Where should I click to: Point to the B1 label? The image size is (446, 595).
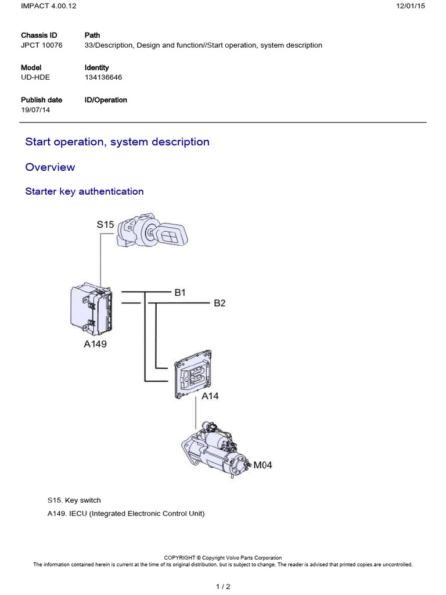coord(180,293)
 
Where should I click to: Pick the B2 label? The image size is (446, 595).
coord(220,303)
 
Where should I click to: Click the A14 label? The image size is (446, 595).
coord(210,397)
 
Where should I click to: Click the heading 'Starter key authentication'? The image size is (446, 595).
coord(84,191)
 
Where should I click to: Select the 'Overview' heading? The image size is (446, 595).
coord(50,167)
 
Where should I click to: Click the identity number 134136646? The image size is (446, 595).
coord(103,77)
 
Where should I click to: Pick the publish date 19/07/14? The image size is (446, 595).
coord(35,110)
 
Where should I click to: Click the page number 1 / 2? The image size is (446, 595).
coord(223,586)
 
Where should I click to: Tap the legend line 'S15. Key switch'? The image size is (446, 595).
coord(74,500)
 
